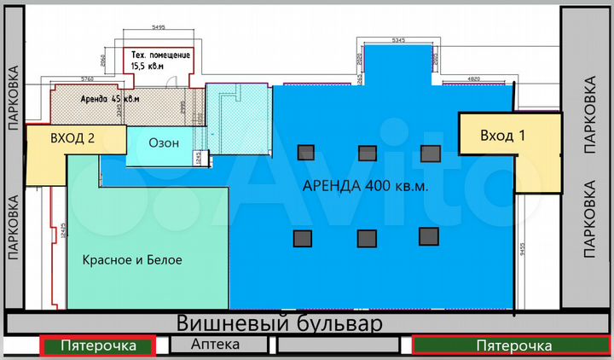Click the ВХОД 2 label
coord(72,138)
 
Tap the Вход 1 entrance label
coord(502,136)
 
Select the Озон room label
coord(164,143)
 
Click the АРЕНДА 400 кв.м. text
coord(365,186)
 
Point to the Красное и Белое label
coord(132,259)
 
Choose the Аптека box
coord(216,345)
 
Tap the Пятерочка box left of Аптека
coord(97,345)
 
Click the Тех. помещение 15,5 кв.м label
coord(159,59)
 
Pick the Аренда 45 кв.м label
coord(110,99)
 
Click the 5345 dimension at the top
coord(397,39)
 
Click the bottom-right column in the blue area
coord(428,236)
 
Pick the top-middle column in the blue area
coord(367,152)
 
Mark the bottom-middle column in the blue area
coord(367,238)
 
